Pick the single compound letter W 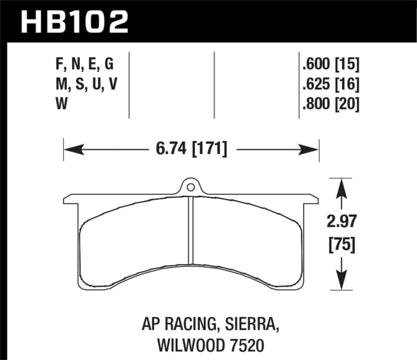coord(59,105)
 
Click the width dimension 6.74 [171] coord(191,150)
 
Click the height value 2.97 coord(341,223)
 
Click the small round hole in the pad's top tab coord(191,187)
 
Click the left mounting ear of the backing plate coord(71,199)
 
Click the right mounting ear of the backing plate coord(311,199)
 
